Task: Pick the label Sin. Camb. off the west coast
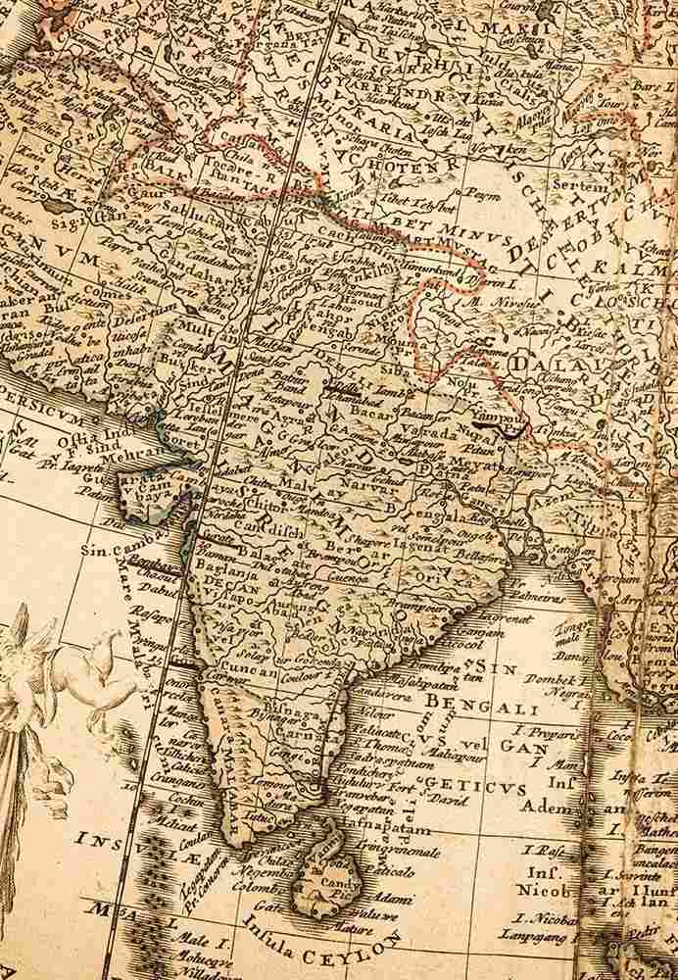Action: tap(116, 552)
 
